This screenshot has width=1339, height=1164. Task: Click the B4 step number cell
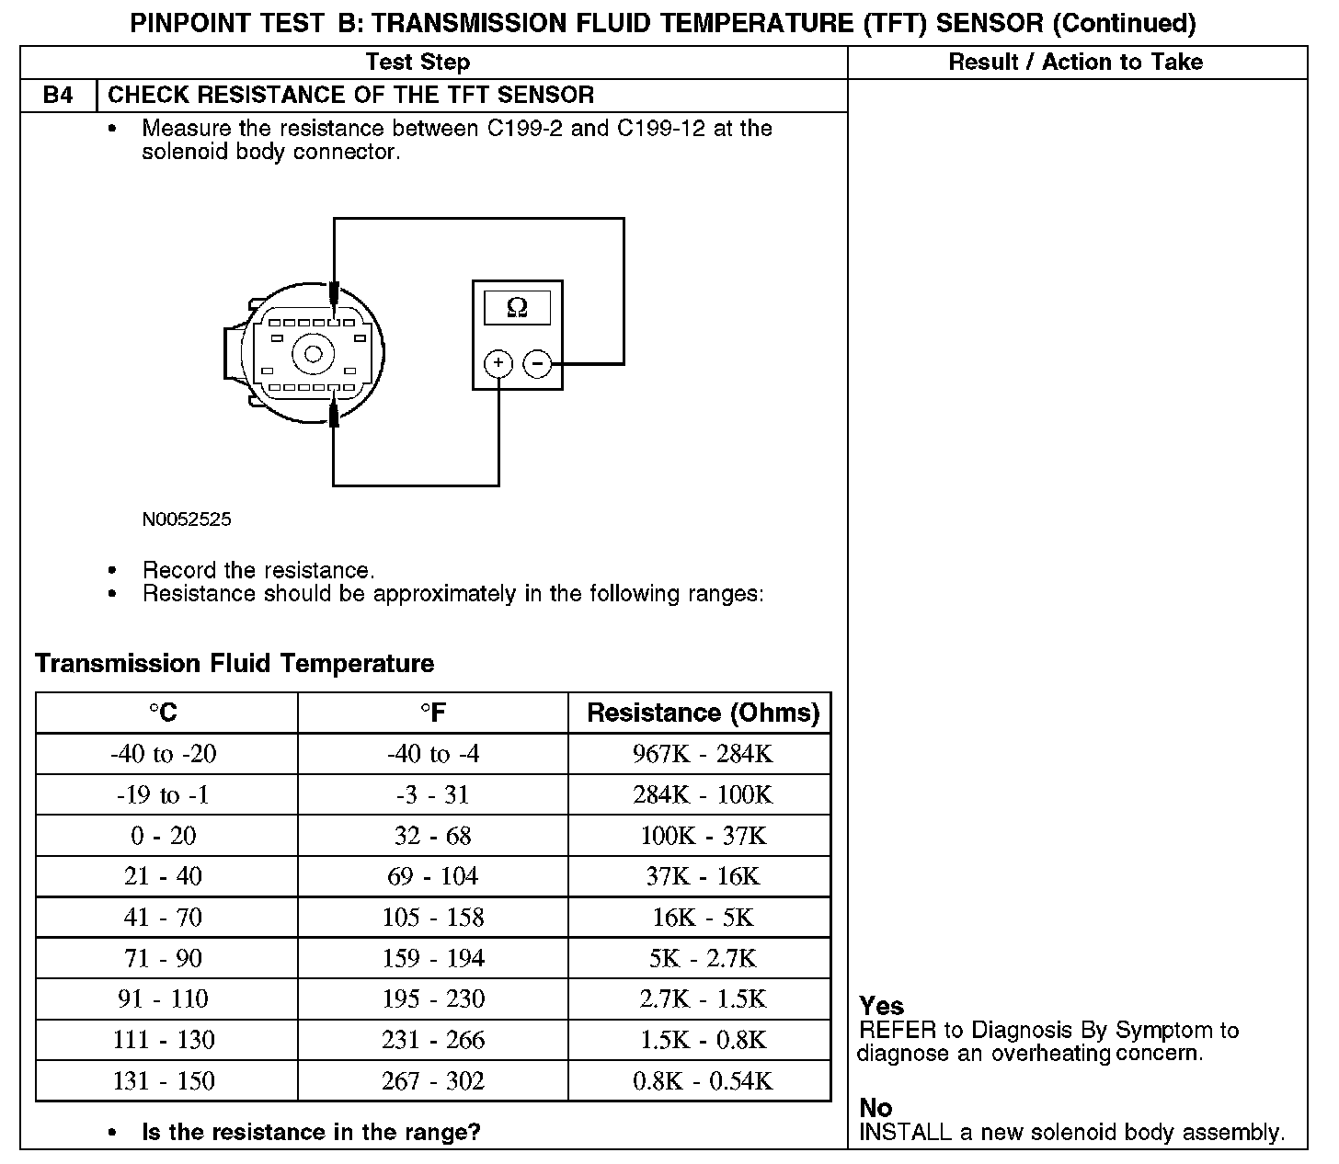pyautogui.click(x=58, y=96)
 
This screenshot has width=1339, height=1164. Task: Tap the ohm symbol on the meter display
pyautogui.click(x=517, y=308)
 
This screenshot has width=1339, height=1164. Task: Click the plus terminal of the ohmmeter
pyautogui.click(x=498, y=364)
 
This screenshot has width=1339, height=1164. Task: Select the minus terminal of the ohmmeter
pyautogui.click(x=537, y=365)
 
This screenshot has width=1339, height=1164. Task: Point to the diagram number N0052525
pyautogui.click(x=187, y=519)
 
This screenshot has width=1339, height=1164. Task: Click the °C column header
pyautogui.click(x=166, y=713)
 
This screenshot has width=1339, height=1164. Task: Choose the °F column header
pyautogui.click(x=432, y=713)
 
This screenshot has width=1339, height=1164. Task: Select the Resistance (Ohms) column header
pyautogui.click(x=703, y=713)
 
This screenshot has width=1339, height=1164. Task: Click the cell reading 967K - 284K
pyautogui.click(x=703, y=754)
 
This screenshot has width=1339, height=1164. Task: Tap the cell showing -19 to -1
pyautogui.click(x=164, y=794)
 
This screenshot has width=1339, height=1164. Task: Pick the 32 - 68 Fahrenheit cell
pyautogui.click(x=432, y=836)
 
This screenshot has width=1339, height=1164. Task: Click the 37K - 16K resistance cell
pyautogui.click(x=703, y=876)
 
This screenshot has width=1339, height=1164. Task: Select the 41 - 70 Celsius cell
pyautogui.click(x=164, y=917)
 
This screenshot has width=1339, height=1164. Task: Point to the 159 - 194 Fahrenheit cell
pyautogui.click(x=432, y=958)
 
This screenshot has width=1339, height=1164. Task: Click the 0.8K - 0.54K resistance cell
pyautogui.click(x=703, y=1080)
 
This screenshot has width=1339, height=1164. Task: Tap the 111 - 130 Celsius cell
pyautogui.click(x=164, y=1040)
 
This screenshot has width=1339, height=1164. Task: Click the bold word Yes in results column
pyautogui.click(x=881, y=1006)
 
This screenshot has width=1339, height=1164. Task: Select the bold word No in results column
pyautogui.click(x=875, y=1108)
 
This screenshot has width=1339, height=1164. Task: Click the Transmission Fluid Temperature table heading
pyautogui.click(x=235, y=664)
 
